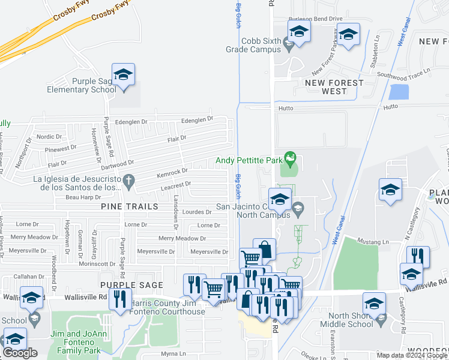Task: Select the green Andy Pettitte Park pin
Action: (291, 159)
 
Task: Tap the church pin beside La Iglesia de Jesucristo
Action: (128, 179)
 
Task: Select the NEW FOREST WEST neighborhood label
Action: (334, 87)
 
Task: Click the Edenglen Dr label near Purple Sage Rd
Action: (131, 122)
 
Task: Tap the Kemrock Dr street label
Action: (172, 172)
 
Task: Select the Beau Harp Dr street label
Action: (83, 197)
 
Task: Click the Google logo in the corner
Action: (20, 353)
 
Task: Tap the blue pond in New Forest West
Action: (399, 92)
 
